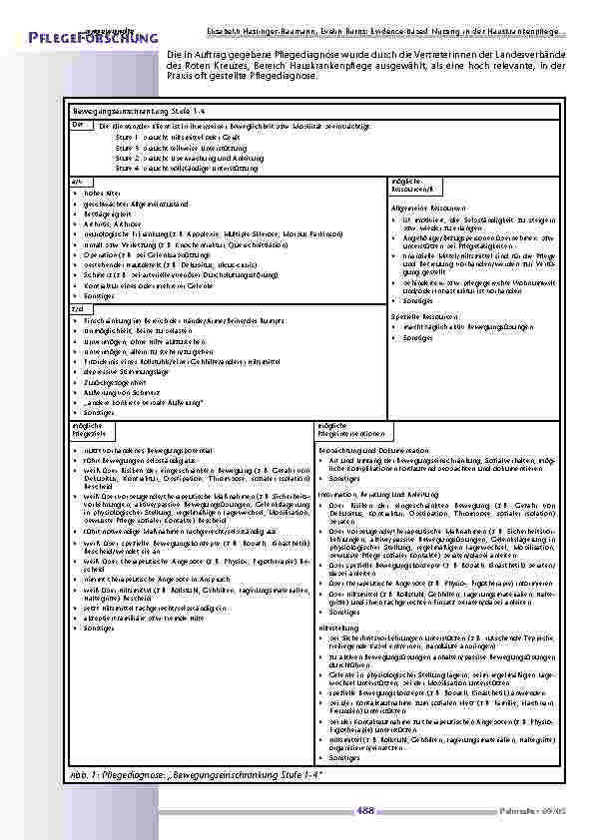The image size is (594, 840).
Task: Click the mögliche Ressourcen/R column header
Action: [410, 185]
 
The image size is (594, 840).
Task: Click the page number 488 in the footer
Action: [366, 811]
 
